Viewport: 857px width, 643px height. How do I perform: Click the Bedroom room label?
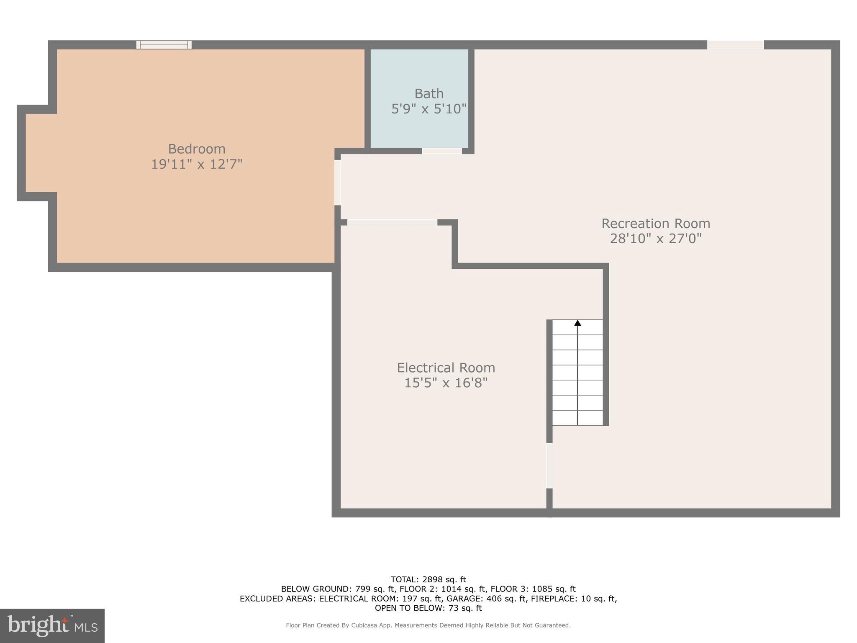point(197,149)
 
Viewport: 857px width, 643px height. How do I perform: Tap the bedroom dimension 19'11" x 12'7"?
point(197,164)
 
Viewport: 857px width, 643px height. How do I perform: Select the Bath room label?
point(429,93)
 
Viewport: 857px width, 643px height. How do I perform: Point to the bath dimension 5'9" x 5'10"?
point(429,109)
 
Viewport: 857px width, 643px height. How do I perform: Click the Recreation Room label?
point(656,223)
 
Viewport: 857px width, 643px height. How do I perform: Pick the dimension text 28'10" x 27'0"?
point(656,239)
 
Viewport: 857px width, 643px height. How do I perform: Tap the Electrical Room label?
point(446,368)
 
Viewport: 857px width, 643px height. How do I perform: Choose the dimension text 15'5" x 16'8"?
point(446,383)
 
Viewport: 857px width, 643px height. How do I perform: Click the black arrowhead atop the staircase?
point(577,323)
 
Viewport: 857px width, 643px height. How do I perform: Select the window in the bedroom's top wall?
point(164,45)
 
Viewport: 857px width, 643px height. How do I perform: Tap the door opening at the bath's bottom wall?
point(442,151)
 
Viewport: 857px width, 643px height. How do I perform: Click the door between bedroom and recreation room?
point(337,183)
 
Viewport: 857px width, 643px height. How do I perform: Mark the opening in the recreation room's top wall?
point(735,45)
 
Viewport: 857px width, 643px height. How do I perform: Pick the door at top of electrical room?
point(392,222)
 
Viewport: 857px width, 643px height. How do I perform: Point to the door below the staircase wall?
point(549,466)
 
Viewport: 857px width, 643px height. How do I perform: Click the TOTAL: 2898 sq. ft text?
point(428,579)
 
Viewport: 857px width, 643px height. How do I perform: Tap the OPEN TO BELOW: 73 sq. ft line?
point(428,608)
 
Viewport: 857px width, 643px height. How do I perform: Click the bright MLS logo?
point(52,625)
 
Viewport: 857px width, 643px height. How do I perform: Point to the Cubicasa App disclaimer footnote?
point(428,625)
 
